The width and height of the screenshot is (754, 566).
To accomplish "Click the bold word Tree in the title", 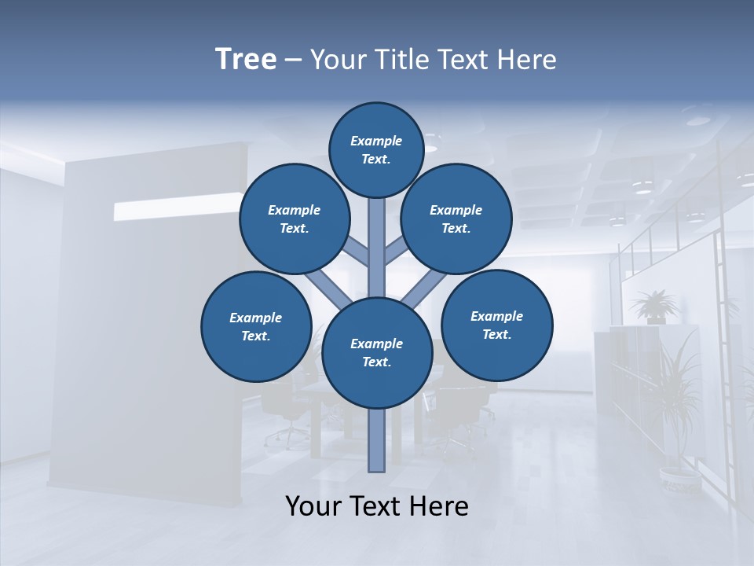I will pos(246,60).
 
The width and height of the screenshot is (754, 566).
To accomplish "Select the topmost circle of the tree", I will pos(376,150).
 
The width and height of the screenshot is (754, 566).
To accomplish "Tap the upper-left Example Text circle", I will pos(295,219).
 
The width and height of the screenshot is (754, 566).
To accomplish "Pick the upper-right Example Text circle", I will pos(456,219).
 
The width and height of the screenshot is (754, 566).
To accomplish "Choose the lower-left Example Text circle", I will pos(256,327).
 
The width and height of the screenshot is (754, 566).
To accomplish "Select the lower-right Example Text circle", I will pos(497,325).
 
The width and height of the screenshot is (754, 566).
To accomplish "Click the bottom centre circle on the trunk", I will pos(377,353).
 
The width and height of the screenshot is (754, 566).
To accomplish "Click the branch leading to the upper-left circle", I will pos(358,253).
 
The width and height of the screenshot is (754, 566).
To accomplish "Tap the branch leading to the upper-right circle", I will pos(395,253).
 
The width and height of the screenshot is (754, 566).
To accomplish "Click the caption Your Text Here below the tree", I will pos(377,506).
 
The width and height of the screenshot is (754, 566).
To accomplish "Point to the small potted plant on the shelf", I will pos(653,307).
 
